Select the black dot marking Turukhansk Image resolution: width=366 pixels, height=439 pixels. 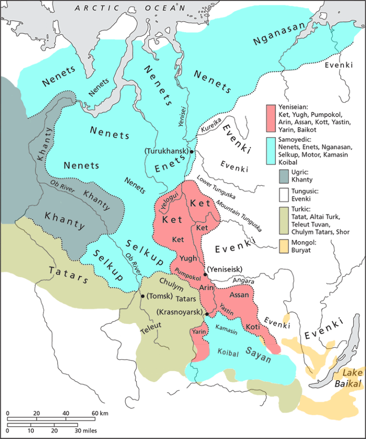coord(192,152)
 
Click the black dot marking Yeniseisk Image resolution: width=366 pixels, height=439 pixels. coord(205,274)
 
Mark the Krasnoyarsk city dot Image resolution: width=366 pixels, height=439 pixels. coord(207,313)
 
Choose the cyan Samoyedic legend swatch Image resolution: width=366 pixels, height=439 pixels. coord(271,148)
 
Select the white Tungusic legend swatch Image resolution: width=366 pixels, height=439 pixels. coord(271,194)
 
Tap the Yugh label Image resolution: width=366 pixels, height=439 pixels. coord(189,259)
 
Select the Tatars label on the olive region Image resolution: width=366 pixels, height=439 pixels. coord(69,275)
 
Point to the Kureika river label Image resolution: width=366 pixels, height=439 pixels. coord(209,127)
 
